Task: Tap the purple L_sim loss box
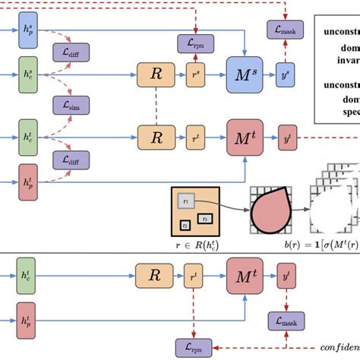(69, 105)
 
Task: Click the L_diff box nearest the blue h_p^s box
(69, 52)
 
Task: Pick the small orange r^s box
(197, 74)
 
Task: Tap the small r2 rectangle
(185, 224)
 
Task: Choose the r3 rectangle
(204, 219)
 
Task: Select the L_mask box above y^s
(285, 31)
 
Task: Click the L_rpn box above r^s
(196, 43)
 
